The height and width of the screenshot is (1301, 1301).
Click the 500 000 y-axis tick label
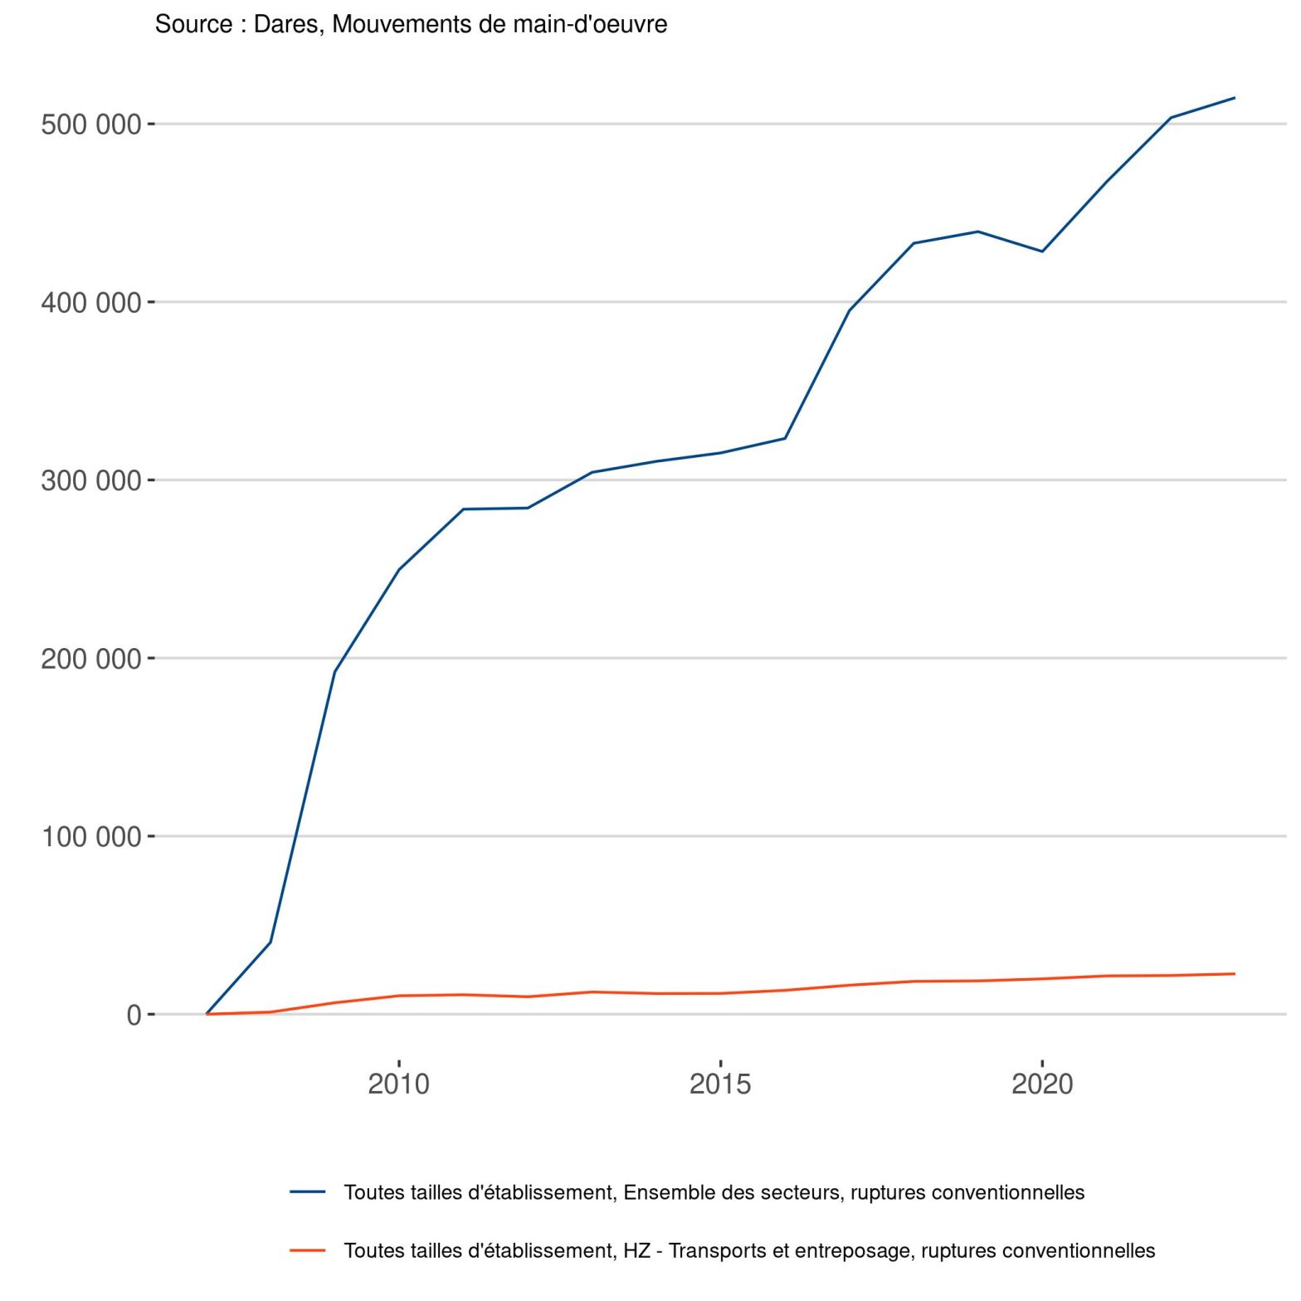tap(91, 124)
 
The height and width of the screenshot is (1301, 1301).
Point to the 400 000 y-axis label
tap(91, 303)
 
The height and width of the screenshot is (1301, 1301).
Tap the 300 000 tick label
tap(91, 480)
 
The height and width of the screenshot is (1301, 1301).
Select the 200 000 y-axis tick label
tap(91, 659)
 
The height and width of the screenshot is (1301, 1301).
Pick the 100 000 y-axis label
tap(91, 836)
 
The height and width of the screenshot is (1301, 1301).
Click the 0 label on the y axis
tap(134, 1015)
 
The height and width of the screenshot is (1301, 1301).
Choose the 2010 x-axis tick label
tap(399, 1084)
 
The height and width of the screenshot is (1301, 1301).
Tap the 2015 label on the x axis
tap(720, 1084)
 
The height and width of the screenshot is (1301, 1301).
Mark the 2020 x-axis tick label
tap(1042, 1084)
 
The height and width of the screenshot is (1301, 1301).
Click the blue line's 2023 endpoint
tap(1235, 98)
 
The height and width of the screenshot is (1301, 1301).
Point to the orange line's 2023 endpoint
tap(1235, 974)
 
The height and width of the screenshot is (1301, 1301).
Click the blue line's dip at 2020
tap(1042, 251)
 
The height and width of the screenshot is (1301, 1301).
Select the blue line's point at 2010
tap(399, 569)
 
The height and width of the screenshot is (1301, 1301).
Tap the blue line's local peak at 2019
tap(977, 231)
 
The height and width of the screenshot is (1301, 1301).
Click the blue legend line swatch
tap(308, 1192)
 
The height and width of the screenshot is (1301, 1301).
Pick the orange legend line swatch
tap(308, 1250)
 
